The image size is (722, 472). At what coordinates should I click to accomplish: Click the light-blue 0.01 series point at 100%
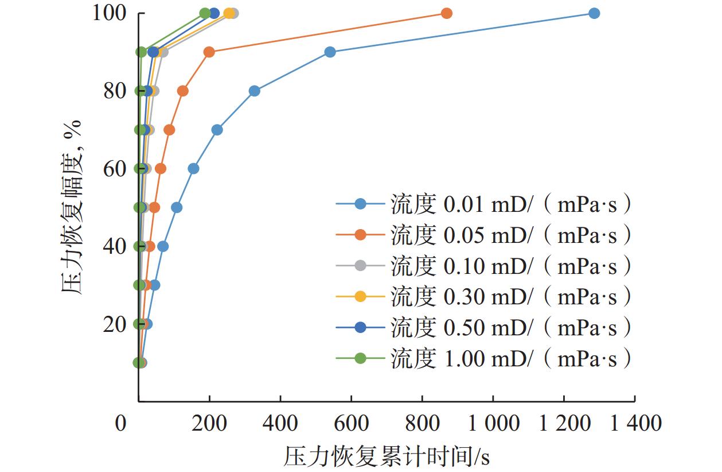(594, 13)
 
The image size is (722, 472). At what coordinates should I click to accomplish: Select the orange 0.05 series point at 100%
(447, 13)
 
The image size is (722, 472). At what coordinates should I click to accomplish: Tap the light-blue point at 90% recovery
(330, 52)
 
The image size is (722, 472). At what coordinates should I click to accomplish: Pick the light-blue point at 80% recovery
(255, 91)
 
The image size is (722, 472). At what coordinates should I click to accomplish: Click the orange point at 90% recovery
(209, 52)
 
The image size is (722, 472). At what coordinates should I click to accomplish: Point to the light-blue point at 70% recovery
(217, 130)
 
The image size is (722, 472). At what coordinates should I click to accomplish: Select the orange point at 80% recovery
(183, 91)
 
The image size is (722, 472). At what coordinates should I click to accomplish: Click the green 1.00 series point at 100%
(205, 13)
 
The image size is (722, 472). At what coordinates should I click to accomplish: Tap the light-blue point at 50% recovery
(177, 207)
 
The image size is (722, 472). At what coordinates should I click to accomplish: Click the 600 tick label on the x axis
(352, 424)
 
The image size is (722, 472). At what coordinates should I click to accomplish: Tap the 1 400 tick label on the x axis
(635, 424)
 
